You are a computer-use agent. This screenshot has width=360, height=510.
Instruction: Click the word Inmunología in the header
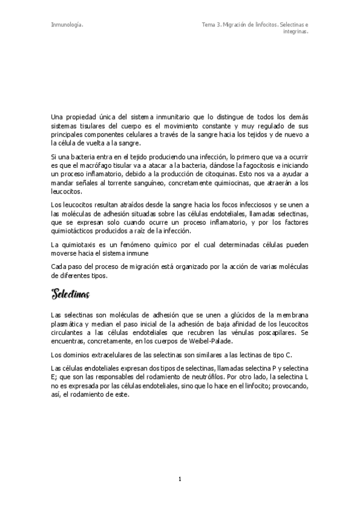pos(67,25)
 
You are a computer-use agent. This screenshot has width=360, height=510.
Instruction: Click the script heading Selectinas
pos(71,295)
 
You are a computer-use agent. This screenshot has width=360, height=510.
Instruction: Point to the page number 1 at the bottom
pos(180,479)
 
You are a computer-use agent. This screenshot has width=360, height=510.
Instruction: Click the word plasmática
pos(69,323)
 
